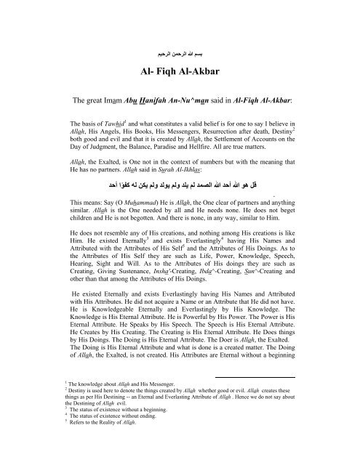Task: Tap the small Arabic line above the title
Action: tap(180, 54)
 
